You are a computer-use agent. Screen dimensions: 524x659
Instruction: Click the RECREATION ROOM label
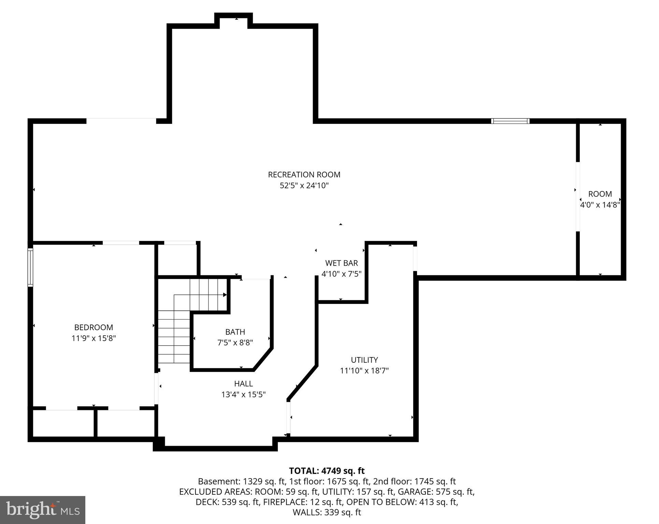(x=304, y=175)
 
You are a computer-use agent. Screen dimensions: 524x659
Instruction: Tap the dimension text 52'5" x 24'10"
(x=304, y=186)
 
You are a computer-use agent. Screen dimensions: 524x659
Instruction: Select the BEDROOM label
(x=94, y=327)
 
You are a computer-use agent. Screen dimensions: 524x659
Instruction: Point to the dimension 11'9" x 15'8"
(x=94, y=338)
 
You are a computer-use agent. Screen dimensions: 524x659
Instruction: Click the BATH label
(x=235, y=332)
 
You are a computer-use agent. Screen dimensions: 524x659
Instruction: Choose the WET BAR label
(x=341, y=263)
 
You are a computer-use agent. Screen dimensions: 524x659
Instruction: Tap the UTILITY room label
(x=364, y=360)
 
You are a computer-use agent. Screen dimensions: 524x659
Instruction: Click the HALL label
(x=243, y=384)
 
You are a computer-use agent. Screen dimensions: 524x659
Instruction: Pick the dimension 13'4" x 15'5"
(x=243, y=395)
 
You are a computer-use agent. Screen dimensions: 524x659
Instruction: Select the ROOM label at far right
(x=600, y=194)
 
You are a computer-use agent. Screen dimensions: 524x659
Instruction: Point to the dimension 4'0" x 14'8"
(x=600, y=205)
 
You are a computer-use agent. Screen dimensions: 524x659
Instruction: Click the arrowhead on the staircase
(x=225, y=295)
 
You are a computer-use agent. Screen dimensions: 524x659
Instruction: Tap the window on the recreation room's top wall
(x=510, y=121)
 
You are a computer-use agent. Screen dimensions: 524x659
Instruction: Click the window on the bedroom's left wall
(x=30, y=267)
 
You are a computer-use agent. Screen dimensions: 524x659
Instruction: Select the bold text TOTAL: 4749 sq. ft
(x=327, y=471)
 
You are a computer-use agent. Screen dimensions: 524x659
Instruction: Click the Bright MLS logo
(x=42, y=510)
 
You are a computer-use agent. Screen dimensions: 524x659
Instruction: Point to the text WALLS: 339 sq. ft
(x=327, y=512)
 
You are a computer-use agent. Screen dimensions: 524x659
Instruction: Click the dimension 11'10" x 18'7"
(x=364, y=371)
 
